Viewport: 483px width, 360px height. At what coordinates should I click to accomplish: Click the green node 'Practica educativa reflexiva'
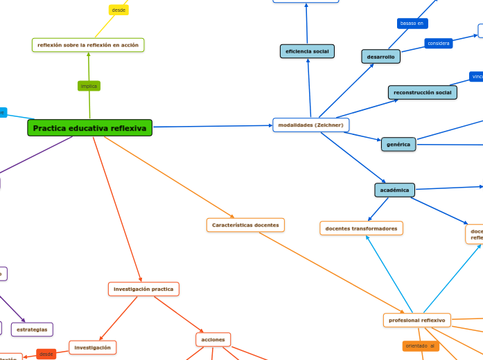(x=89, y=128)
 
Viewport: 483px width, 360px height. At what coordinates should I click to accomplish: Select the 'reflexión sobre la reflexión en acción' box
(x=88, y=45)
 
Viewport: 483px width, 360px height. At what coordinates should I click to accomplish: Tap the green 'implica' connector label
(x=89, y=86)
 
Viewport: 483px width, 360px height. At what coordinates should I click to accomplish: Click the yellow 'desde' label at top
(x=118, y=10)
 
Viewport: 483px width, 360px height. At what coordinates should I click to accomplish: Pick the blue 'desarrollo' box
(x=380, y=57)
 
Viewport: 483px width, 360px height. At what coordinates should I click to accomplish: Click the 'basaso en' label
(x=412, y=24)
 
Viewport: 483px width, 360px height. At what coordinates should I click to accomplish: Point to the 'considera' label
(x=439, y=43)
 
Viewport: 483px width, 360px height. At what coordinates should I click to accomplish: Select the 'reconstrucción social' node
(x=422, y=92)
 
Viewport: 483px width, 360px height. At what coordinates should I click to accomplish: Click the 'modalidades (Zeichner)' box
(x=310, y=125)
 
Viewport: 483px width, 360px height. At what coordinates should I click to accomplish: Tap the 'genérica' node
(x=398, y=144)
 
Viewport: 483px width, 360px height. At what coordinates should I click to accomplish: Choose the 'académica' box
(x=394, y=190)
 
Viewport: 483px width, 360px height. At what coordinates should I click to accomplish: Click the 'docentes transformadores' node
(x=361, y=228)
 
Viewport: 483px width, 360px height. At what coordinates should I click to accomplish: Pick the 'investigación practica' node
(x=143, y=289)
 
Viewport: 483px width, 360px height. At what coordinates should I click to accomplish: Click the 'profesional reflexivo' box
(x=416, y=320)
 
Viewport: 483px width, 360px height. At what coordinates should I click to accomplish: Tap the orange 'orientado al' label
(x=421, y=345)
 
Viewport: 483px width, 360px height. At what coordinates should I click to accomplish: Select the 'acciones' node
(x=213, y=339)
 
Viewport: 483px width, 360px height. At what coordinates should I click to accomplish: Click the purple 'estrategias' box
(x=32, y=330)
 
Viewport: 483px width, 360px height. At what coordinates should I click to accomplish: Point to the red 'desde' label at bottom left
(x=46, y=354)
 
